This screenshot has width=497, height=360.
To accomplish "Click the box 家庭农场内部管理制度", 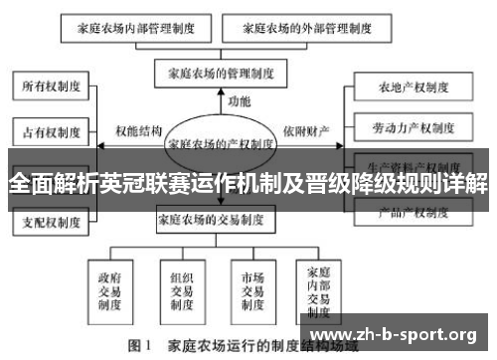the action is (129, 30).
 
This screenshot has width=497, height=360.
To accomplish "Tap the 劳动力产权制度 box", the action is (412, 128).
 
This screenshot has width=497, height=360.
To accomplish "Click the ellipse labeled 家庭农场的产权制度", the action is (221, 143).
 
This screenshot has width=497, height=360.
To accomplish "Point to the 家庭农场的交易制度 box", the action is (212, 220).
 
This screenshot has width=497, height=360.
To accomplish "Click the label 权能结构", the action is (138, 130).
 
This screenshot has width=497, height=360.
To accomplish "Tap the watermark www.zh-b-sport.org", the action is (395, 334).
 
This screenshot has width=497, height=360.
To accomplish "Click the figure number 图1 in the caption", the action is (139, 347).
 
